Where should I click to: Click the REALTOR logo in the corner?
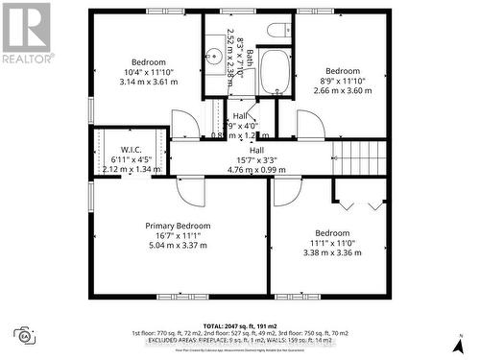tap(26, 34)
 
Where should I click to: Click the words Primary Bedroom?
tap(178, 226)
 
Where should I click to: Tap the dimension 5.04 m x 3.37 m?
tap(178, 245)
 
